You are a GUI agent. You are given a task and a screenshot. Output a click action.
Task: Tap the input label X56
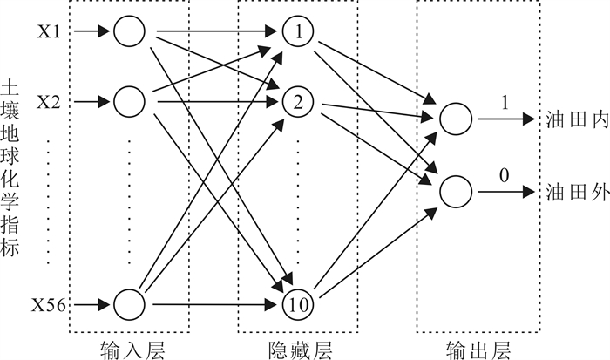point(48,305)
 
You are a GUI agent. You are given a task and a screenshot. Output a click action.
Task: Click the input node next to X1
point(129,32)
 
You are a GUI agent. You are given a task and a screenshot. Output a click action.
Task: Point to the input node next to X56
point(129,304)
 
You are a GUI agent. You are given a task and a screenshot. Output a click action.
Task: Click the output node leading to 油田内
point(455,119)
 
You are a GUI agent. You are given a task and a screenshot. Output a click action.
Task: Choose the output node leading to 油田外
point(455,189)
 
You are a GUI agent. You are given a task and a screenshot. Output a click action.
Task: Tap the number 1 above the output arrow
point(504,103)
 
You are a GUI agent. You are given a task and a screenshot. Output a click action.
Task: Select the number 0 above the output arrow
point(504,174)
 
